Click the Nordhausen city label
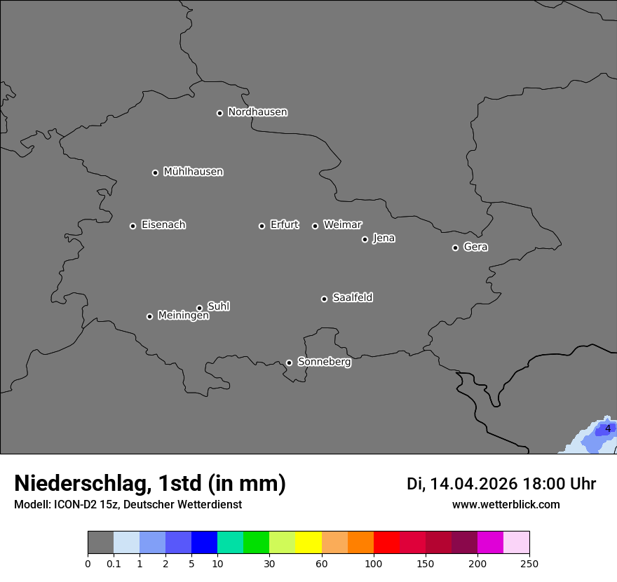tap(257, 112)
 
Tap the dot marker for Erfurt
tap(262, 226)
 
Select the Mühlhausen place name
tap(193, 172)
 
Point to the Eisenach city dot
tap(133, 226)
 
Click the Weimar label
tap(342, 225)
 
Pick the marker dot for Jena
tap(365, 239)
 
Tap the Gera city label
tap(475, 247)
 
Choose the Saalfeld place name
tap(352, 298)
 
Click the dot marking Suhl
tap(199, 308)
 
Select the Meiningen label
tap(183, 316)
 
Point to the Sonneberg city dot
tap(289, 363)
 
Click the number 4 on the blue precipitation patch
tap(608, 428)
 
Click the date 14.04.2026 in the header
tap(473, 484)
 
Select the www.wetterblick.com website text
tap(506, 505)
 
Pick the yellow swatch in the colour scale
tap(308, 543)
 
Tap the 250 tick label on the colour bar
tap(529, 564)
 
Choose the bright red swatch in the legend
tap(386, 543)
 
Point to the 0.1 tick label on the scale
tap(114, 564)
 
